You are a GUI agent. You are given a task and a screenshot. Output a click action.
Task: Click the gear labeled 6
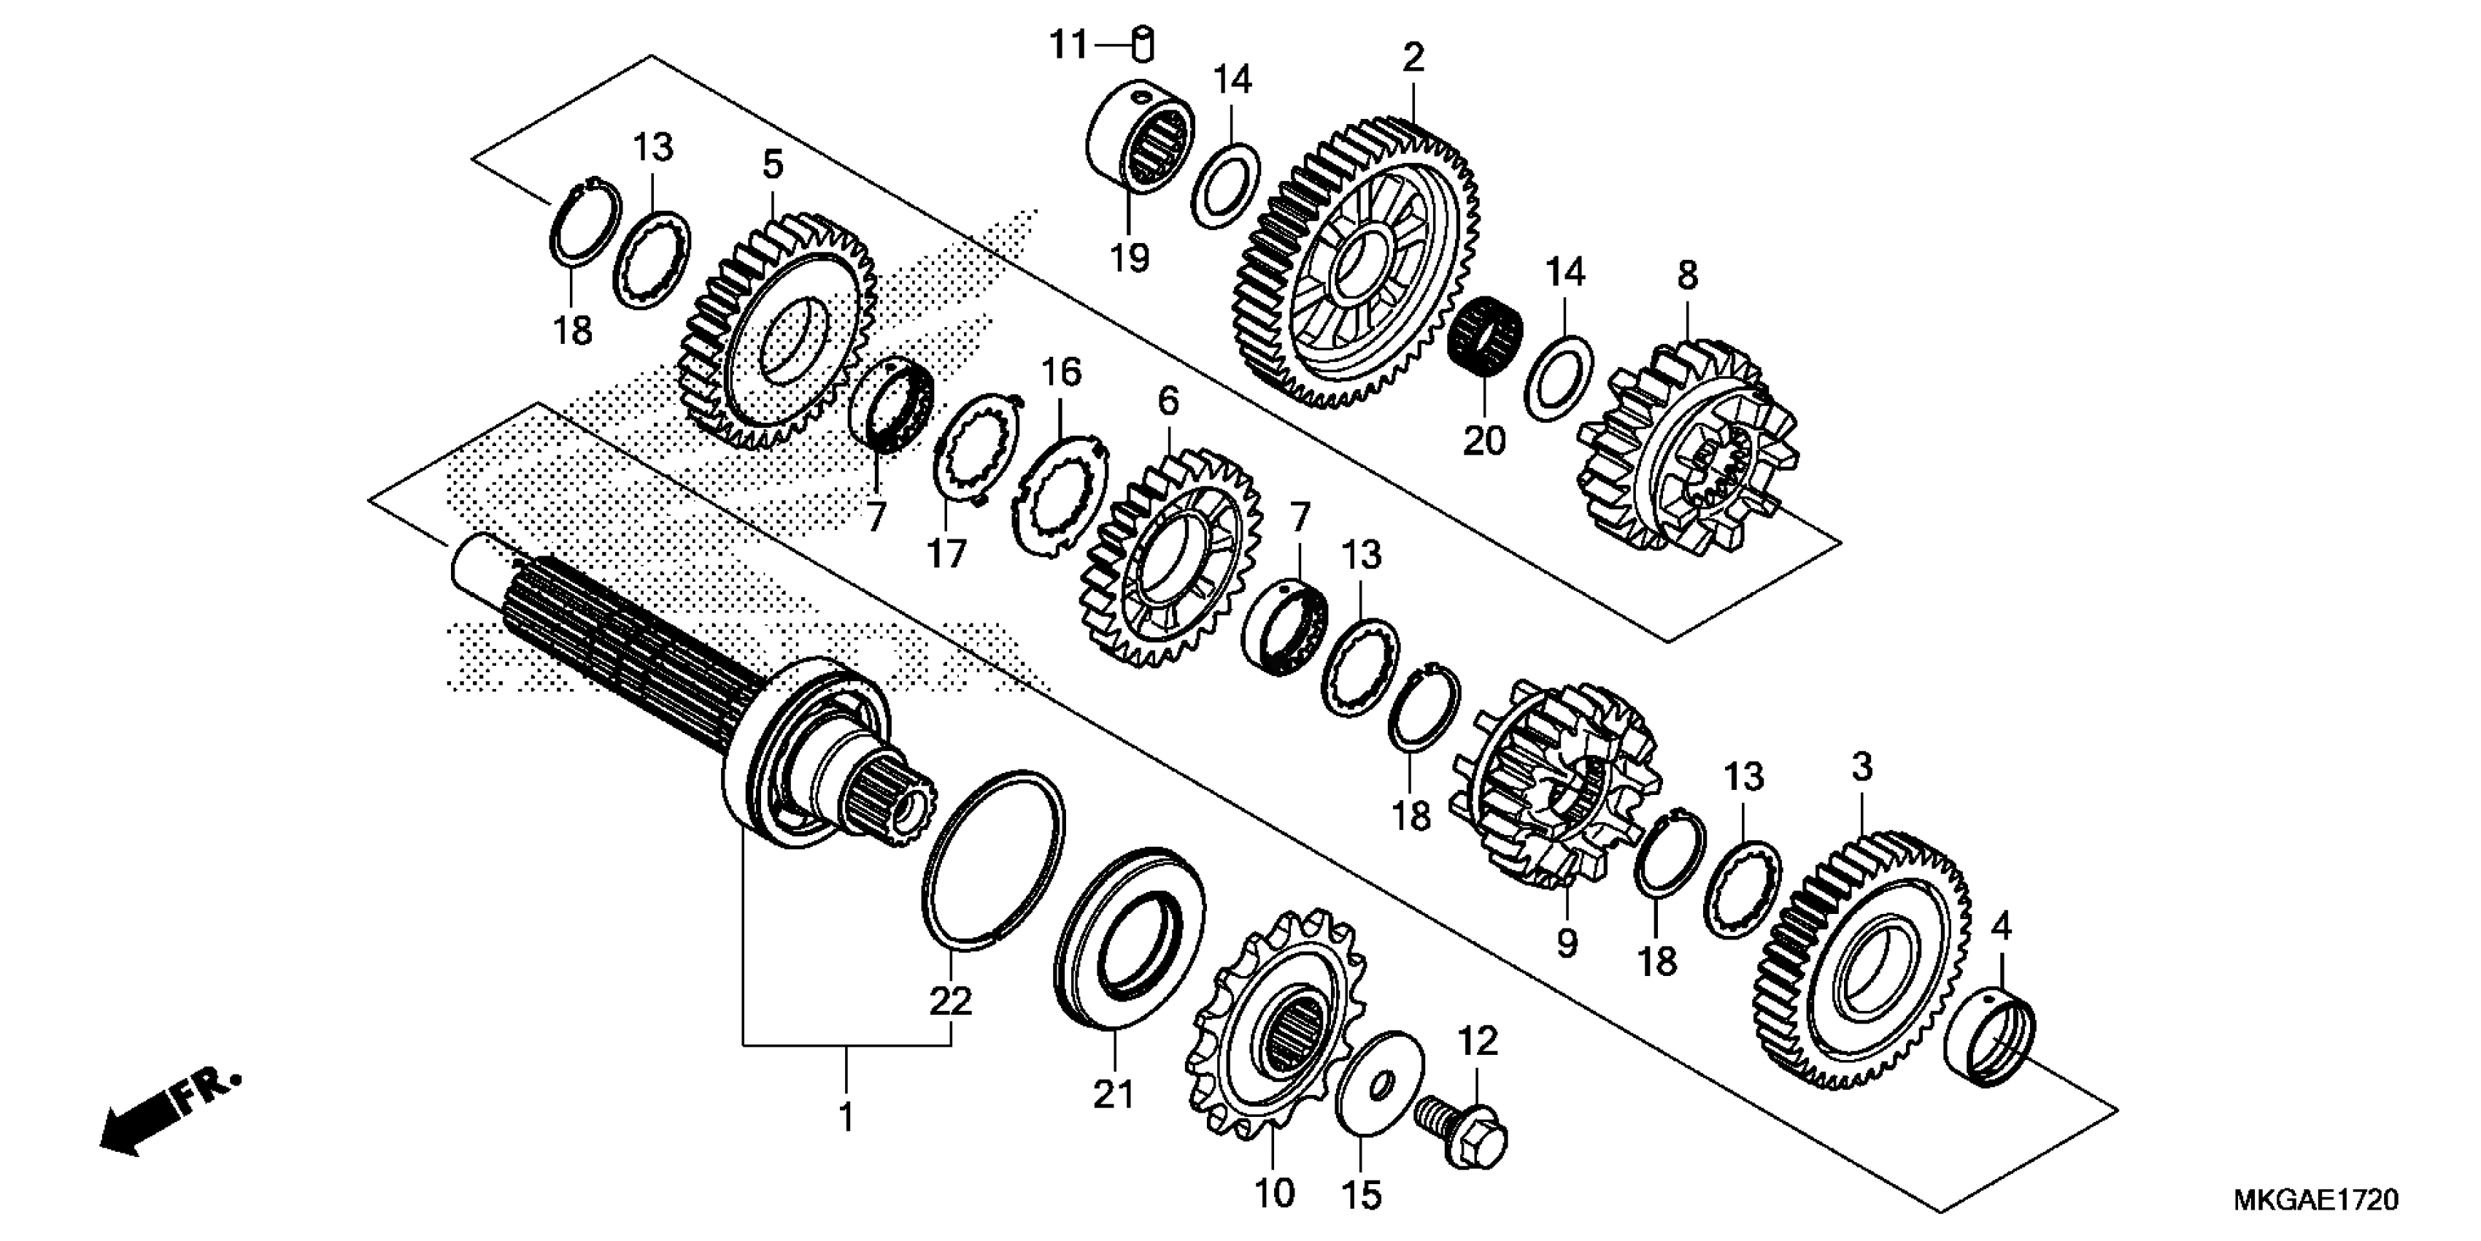pyautogui.click(x=1170, y=559)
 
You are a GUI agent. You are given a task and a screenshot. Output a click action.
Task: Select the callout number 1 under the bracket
pyautogui.click(x=846, y=1118)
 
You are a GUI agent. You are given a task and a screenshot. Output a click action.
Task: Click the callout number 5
pyautogui.click(x=773, y=165)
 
